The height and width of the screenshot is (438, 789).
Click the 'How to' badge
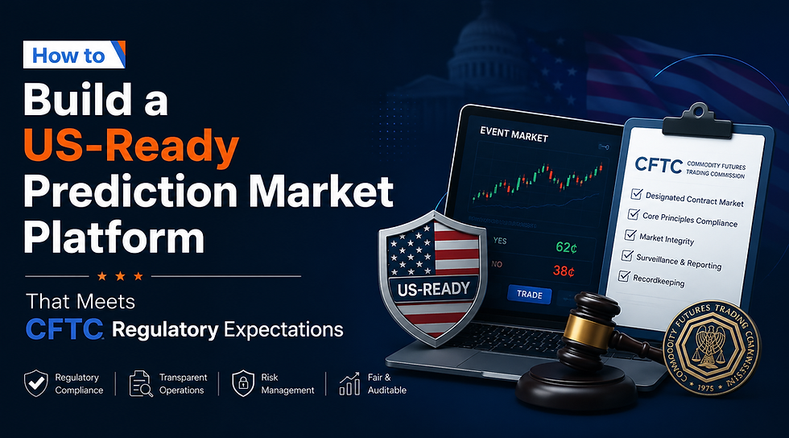click(74, 55)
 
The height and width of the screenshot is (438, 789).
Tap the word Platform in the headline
click(114, 238)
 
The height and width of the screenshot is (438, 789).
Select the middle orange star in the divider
click(120, 276)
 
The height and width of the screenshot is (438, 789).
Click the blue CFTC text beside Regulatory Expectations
click(64, 330)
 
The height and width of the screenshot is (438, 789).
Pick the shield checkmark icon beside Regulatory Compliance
click(36, 383)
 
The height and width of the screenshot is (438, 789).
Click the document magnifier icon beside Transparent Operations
click(141, 383)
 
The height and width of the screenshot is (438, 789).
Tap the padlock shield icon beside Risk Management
click(243, 383)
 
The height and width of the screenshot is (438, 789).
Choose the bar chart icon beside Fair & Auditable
click(349, 383)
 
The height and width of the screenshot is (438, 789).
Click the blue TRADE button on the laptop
click(530, 295)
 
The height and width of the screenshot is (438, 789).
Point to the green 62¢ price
click(566, 247)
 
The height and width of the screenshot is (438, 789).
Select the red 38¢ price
click(564, 271)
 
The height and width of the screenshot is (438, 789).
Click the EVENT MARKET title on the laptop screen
click(514, 134)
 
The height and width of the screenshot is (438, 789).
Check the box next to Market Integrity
click(630, 235)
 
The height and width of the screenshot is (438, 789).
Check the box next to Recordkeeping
click(624, 276)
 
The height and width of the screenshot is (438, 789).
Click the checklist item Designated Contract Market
click(694, 200)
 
